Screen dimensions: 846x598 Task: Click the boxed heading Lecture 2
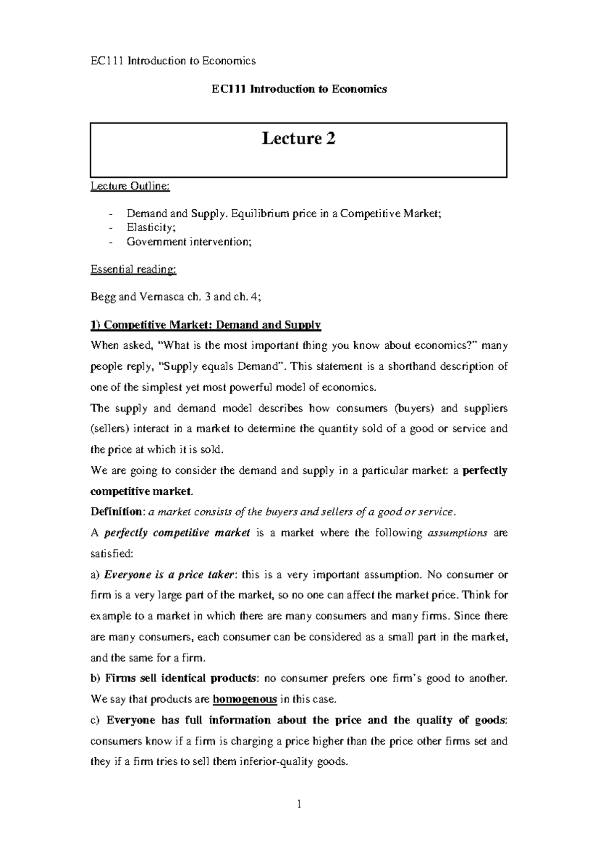[x=299, y=139]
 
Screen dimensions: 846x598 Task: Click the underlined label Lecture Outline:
[x=130, y=186]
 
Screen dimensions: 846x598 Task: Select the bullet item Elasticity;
[x=151, y=228]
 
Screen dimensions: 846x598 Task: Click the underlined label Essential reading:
[x=133, y=270]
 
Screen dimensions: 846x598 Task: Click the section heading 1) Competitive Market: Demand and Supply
[x=205, y=325]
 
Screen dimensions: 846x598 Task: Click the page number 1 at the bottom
[x=299, y=804]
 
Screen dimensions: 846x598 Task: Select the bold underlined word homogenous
[x=245, y=699]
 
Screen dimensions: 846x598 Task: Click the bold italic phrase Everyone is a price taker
[x=169, y=574]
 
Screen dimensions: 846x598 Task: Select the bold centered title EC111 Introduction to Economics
[x=299, y=89]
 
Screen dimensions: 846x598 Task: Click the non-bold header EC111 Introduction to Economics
[x=172, y=61]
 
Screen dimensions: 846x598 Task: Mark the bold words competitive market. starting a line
[x=141, y=491]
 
